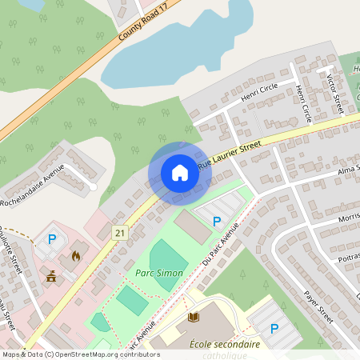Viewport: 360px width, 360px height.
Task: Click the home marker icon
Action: (x=180, y=172)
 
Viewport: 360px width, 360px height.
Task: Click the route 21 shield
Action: (x=120, y=232)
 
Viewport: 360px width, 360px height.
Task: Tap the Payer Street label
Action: (x=318, y=307)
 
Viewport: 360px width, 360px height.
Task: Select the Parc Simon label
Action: (x=159, y=273)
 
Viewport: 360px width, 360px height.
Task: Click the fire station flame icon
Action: (x=76, y=256)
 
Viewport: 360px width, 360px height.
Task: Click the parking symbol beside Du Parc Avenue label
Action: (x=216, y=221)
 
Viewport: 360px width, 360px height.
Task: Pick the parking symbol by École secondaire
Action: (x=274, y=328)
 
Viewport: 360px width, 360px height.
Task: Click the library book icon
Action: (x=193, y=318)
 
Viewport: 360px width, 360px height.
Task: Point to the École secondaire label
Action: (x=225, y=344)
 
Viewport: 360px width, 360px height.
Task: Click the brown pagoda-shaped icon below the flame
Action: (x=53, y=277)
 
